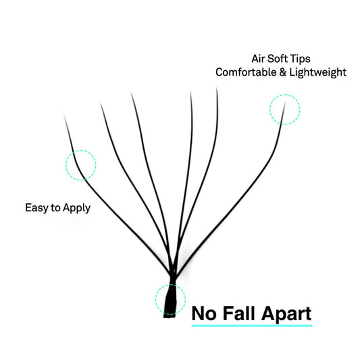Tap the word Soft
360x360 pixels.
click(x=277, y=59)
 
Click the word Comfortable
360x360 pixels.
click(x=246, y=72)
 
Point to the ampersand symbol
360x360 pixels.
click(x=282, y=72)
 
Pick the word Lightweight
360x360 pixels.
click(x=317, y=73)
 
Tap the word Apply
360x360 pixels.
click(x=76, y=209)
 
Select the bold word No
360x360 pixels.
click(x=204, y=313)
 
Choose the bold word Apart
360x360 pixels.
click(x=286, y=314)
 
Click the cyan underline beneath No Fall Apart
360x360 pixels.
click(x=252, y=326)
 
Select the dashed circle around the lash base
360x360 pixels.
click(x=155, y=300)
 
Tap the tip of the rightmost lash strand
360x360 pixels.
click(x=286, y=103)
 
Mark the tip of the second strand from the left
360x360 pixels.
click(x=101, y=103)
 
